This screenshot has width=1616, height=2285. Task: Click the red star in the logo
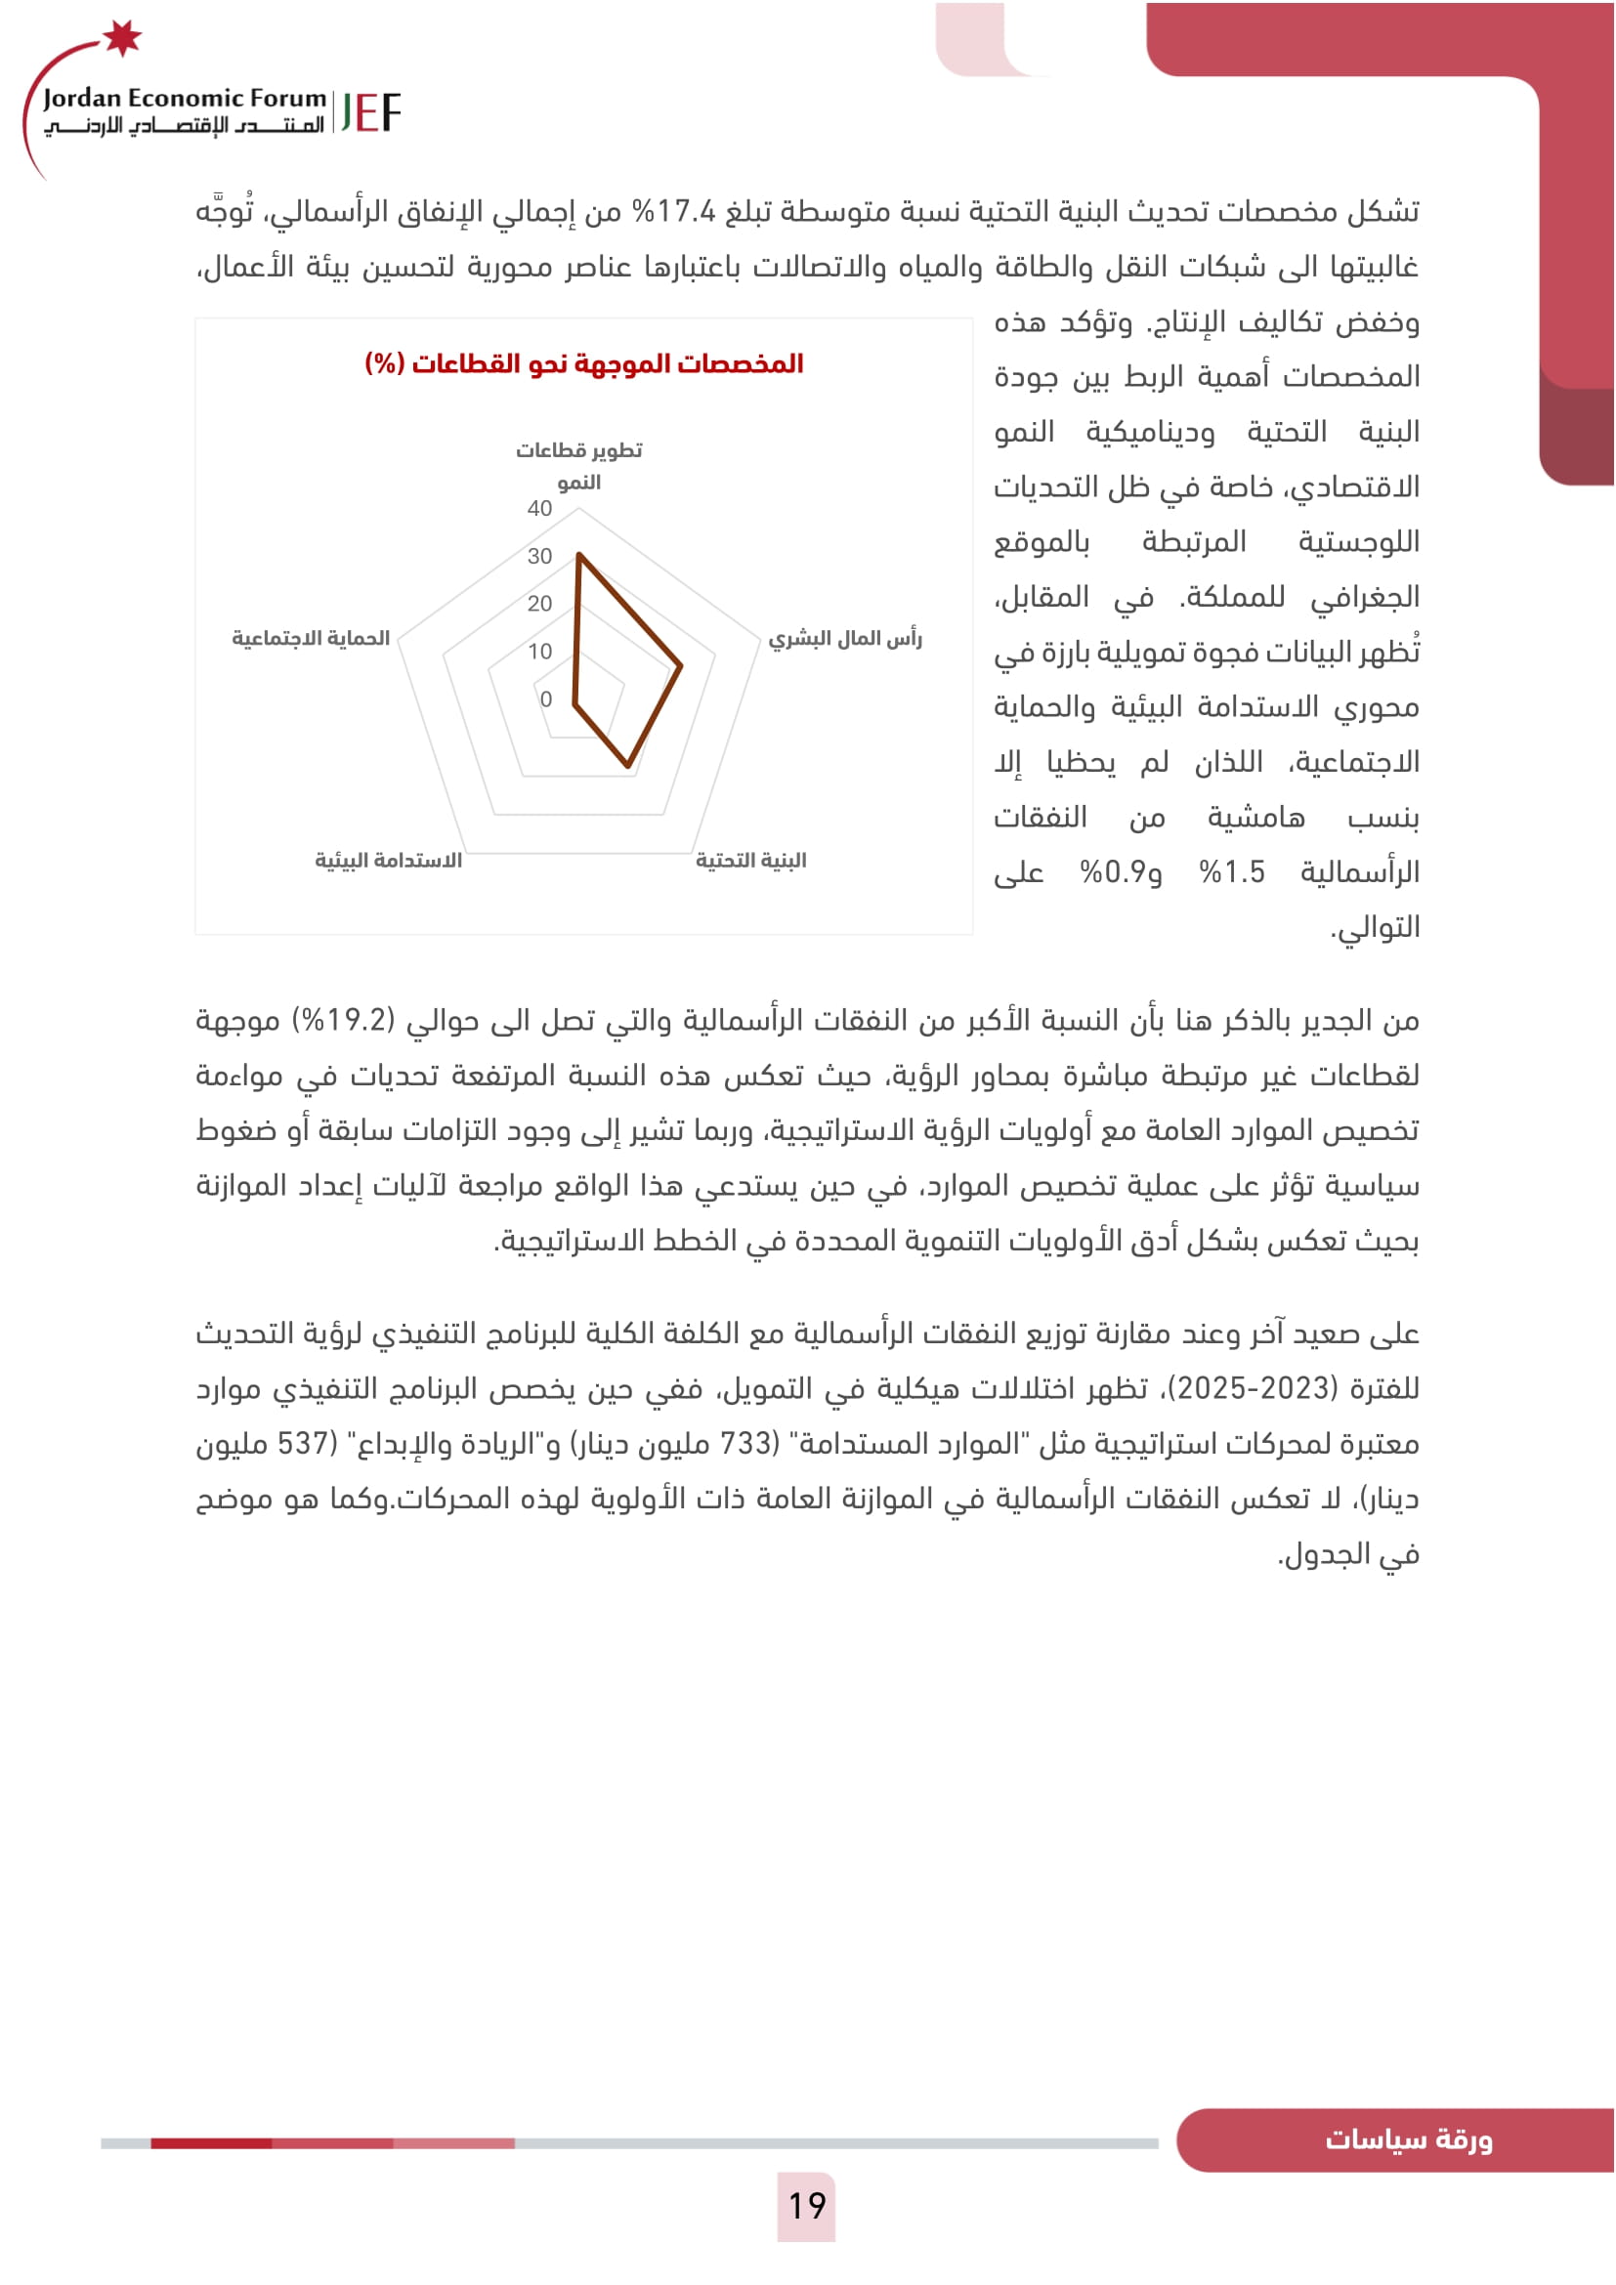click(x=122, y=38)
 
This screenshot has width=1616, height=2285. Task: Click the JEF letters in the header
click(x=370, y=112)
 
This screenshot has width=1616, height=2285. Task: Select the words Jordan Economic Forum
click(x=184, y=98)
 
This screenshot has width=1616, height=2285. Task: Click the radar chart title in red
click(x=584, y=364)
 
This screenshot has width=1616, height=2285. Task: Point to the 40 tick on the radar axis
click(x=539, y=509)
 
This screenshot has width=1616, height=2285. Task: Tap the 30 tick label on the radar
click(x=539, y=556)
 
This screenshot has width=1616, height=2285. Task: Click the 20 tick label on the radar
click(x=539, y=603)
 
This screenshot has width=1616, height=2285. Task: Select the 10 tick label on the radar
click(x=539, y=652)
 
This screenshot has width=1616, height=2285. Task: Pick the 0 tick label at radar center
click(x=545, y=699)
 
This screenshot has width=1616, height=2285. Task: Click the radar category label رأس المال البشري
click(x=845, y=639)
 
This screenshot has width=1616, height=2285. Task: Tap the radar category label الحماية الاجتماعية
click(x=311, y=638)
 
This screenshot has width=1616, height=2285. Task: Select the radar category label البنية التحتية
click(x=750, y=861)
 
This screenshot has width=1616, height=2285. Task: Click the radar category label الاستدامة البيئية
click(x=388, y=861)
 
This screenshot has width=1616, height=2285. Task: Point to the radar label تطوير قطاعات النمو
click(x=578, y=466)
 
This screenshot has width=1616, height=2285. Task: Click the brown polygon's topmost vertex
click(x=578, y=555)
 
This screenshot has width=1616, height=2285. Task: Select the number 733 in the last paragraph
click(x=746, y=1443)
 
